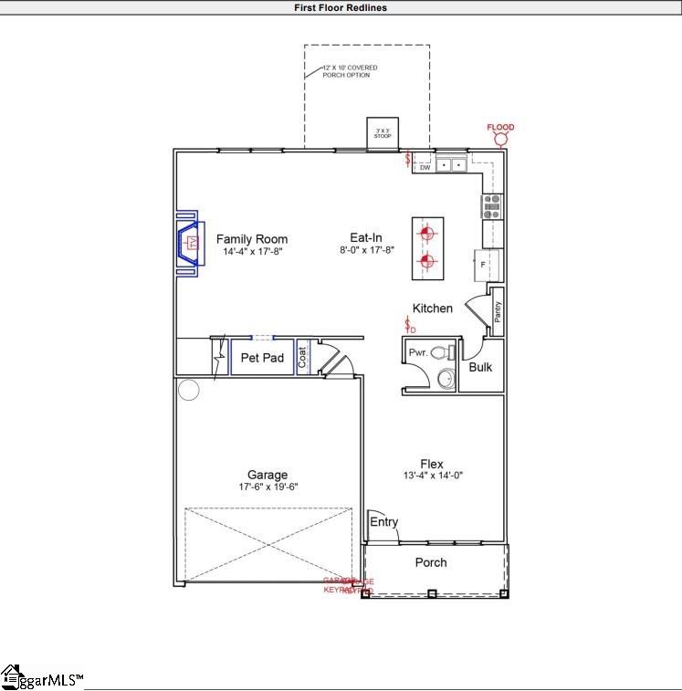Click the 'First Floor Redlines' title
click(x=341, y=7)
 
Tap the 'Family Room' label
click(x=251, y=239)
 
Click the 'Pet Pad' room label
click(x=262, y=358)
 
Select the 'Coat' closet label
click(x=303, y=357)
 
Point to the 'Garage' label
click(x=267, y=475)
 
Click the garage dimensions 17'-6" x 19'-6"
click(x=267, y=487)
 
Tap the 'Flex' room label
click(x=432, y=464)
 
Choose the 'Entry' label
click(x=383, y=522)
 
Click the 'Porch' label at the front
click(x=431, y=562)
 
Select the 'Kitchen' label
click(x=432, y=309)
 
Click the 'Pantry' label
click(x=498, y=312)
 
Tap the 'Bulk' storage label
click(x=480, y=367)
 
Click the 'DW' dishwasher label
click(x=425, y=167)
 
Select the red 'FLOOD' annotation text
click(x=500, y=128)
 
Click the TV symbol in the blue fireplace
click(x=192, y=243)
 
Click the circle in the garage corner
click(x=188, y=391)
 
